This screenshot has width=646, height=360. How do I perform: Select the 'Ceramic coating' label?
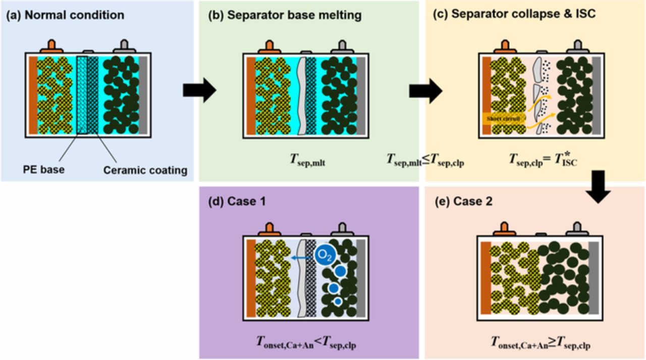[145, 170]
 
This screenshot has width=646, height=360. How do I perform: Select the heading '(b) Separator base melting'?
[285, 15]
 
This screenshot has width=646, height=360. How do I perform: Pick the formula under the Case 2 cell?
[541, 343]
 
